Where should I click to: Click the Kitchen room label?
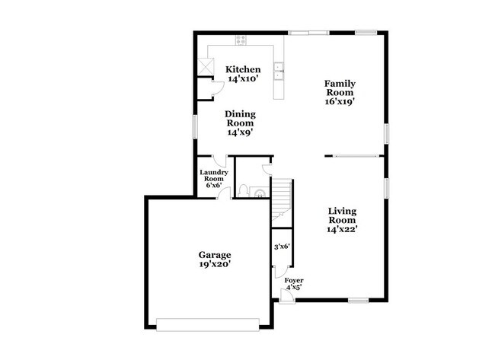click(242, 74)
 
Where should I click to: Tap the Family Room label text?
click(340, 91)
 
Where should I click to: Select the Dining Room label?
click(238, 123)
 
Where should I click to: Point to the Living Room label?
click(342, 219)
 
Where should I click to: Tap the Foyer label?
click(293, 284)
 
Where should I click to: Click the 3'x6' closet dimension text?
click(282, 246)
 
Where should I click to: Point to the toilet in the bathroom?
click(242, 190)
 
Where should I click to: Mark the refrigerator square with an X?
click(204, 65)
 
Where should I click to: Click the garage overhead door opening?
click(207, 323)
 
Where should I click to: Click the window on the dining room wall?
click(193, 126)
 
